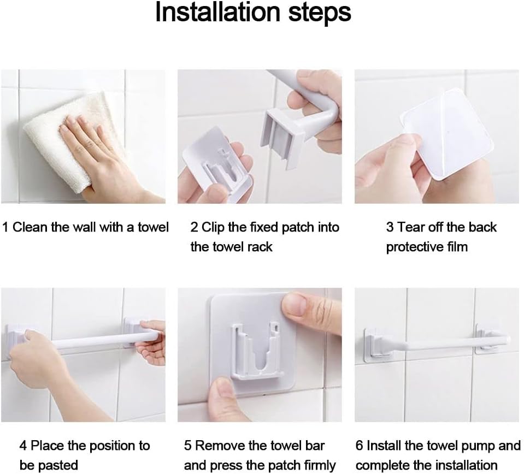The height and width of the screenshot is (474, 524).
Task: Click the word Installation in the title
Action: coord(217,12)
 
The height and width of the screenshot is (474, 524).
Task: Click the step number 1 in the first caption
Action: coord(5,227)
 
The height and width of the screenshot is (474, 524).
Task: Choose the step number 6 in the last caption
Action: coord(359,446)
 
